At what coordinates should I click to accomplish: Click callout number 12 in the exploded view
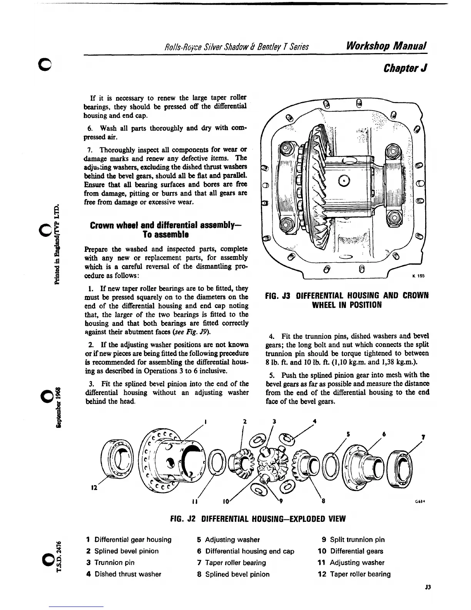pos(94,487)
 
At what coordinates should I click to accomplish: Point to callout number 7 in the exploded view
pos(423,437)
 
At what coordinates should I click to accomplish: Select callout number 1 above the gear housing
pos(206,421)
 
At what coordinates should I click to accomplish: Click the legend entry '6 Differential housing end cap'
pos(246,551)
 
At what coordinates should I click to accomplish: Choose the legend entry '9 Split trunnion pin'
pos(353,540)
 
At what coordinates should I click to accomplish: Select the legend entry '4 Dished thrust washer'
pos(124,574)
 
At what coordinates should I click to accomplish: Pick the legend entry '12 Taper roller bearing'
pos(354,574)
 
